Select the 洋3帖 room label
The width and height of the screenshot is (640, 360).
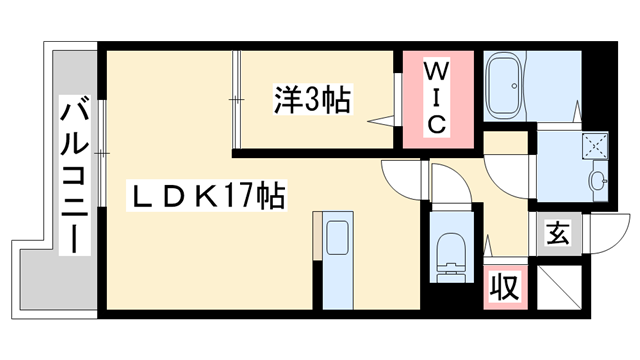point(312,99)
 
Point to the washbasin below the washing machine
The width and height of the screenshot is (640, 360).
point(598,182)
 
